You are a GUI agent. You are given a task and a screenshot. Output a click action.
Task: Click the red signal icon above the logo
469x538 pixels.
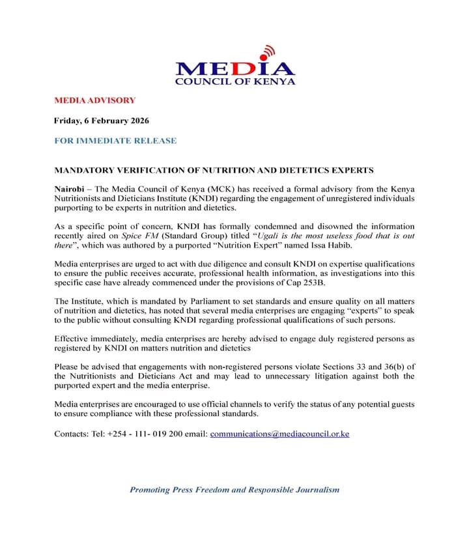click(267, 53)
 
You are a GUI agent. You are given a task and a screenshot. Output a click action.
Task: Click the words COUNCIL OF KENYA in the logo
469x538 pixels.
click(235, 81)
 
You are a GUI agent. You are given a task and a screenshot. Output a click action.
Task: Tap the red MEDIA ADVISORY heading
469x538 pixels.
click(94, 100)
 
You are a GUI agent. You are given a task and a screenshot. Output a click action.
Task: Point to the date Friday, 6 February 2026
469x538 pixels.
click(101, 120)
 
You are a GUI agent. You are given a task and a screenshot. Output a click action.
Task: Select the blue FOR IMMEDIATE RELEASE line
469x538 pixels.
click(115, 141)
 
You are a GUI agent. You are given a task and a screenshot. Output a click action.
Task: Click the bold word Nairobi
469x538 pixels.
click(70, 188)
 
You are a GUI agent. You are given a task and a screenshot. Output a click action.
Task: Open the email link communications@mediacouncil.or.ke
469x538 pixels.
click(279, 433)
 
